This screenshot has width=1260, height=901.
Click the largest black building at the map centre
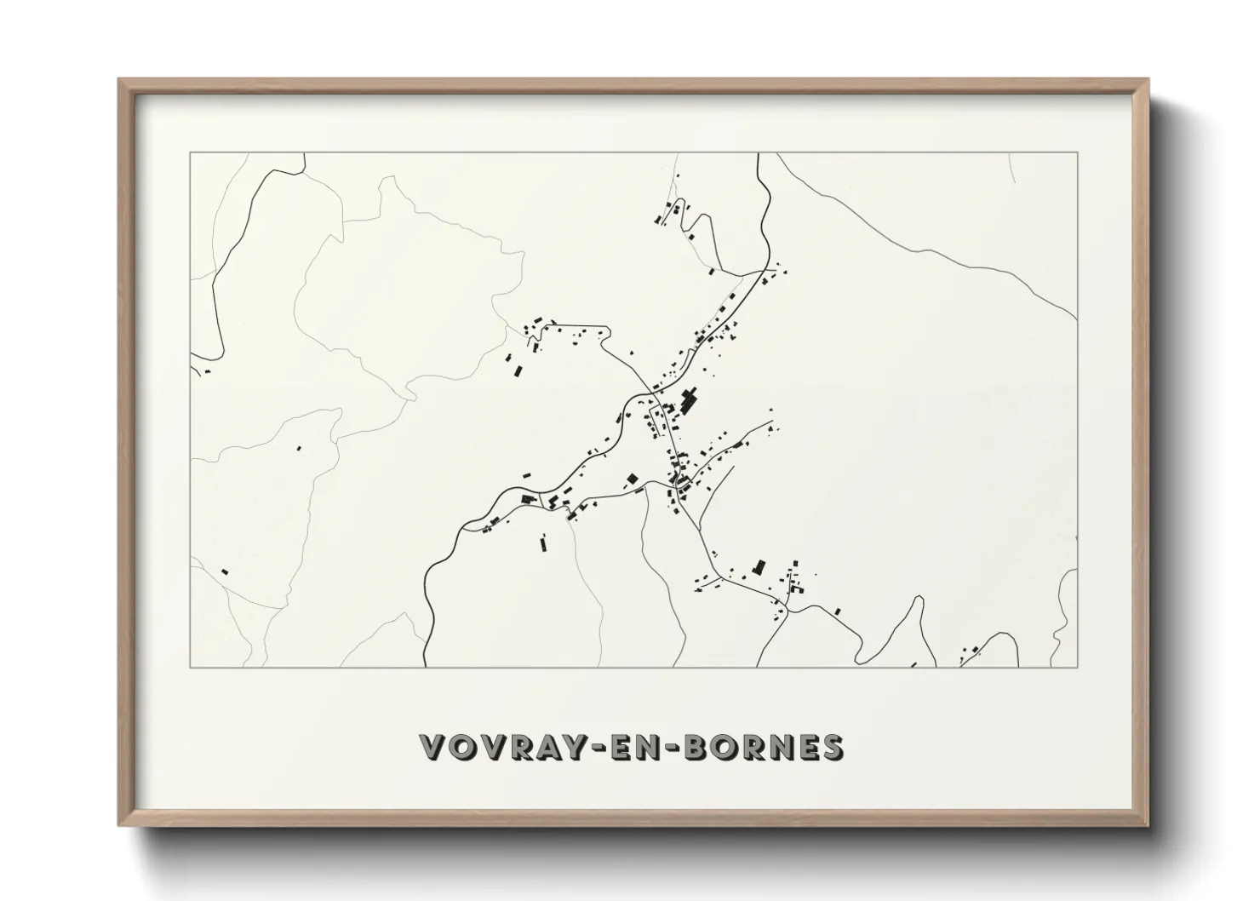coord(689,398)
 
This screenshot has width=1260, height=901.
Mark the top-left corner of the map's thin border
coord(191,153)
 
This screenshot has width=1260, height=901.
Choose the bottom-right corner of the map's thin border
coord(1077,667)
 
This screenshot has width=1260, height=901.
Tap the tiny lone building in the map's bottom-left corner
coord(225,572)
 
